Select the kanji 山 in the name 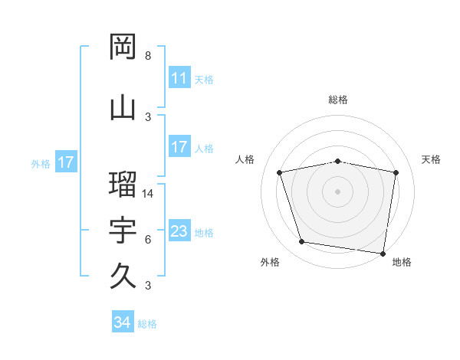point(123,107)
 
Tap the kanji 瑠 point(123,184)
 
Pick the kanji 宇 point(123,230)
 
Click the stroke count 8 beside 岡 point(148,56)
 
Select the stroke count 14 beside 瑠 point(149,194)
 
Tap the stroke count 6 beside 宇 point(148,240)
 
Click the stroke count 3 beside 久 point(148,286)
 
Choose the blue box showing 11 point(179,78)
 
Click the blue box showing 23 point(179,231)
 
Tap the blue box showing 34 point(122,323)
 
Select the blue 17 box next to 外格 point(65,162)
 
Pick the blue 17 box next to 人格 point(179,147)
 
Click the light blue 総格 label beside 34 point(147,324)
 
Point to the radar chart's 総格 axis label point(338,100)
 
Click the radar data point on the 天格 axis point(396,173)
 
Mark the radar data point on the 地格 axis point(383,252)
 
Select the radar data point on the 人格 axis point(280,173)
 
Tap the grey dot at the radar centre point(337,191)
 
